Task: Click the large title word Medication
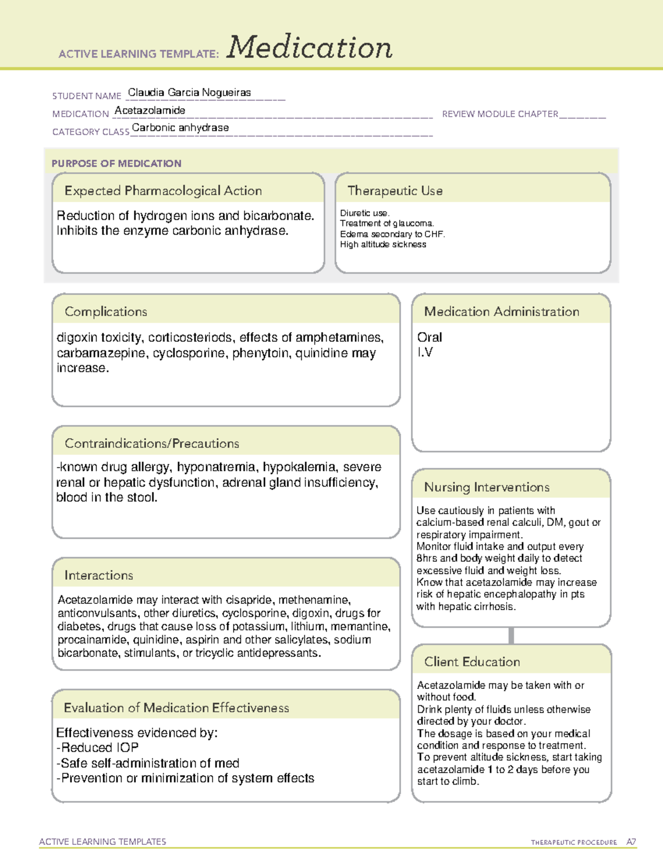pyautogui.click(x=309, y=48)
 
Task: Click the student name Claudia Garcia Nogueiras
pyautogui.click(x=189, y=93)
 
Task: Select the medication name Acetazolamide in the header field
pyautogui.click(x=150, y=110)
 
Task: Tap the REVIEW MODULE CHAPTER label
pyautogui.click(x=499, y=114)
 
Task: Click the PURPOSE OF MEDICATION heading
pyautogui.click(x=116, y=164)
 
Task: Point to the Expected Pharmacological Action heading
pyautogui.click(x=163, y=191)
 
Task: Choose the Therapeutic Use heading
pyautogui.click(x=394, y=191)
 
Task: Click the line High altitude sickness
pyautogui.click(x=383, y=244)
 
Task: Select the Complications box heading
pyautogui.click(x=106, y=312)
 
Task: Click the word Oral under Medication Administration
pyautogui.click(x=429, y=337)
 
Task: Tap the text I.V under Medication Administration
pyautogui.click(x=425, y=352)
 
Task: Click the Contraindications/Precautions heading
pyautogui.click(x=151, y=444)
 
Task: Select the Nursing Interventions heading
pyautogui.click(x=486, y=487)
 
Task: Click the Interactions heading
pyautogui.click(x=98, y=576)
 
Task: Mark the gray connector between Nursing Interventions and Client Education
pyautogui.click(x=511, y=635)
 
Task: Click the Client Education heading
pyautogui.click(x=472, y=662)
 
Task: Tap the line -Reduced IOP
pyautogui.click(x=97, y=748)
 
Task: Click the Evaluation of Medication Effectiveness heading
pyautogui.click(x=176, y=708)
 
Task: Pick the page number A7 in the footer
pyautogui.click(x=630, y=842)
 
